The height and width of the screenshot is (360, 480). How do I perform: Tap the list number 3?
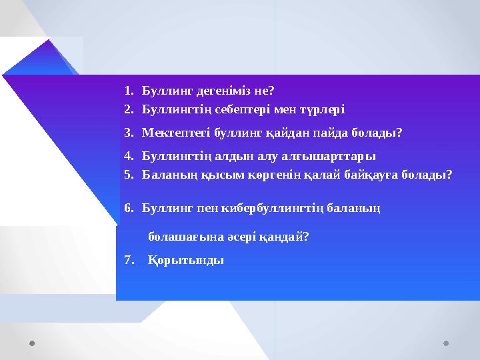(x=128, y=133)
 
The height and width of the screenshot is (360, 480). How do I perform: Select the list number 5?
(x=128, y=175)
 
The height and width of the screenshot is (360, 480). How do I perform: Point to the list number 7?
(x=128, y=260)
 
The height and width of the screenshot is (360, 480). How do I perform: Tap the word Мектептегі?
(x=175, y=133)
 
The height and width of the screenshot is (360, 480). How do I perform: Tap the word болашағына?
(x=179, y=236)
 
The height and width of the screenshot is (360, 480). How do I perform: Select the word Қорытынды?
(x=186, y=260)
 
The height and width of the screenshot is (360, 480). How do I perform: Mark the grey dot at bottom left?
(x=33, y=344)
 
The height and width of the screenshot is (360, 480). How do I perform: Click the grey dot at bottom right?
(x=446, y=344)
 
